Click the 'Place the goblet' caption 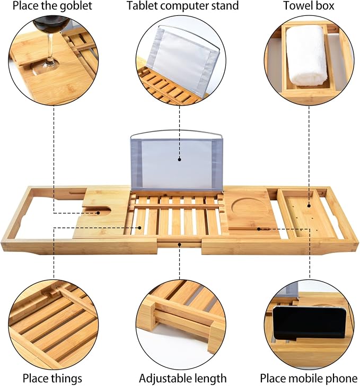[52, 6]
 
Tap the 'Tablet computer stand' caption [183, 6]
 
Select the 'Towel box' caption [309, 6]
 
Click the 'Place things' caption [52, 378]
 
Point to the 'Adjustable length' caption [183, 378]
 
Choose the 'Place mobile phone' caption [309, 378]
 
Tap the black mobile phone [310, 323]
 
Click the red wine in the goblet [51, 24]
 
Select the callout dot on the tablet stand [180, 160]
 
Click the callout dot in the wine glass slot [98, 213]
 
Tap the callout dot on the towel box [309, 205]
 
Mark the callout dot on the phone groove [259, 229]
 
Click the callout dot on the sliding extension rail [180, 244]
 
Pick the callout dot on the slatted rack [139, 227]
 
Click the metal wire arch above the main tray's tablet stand [176, 131]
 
